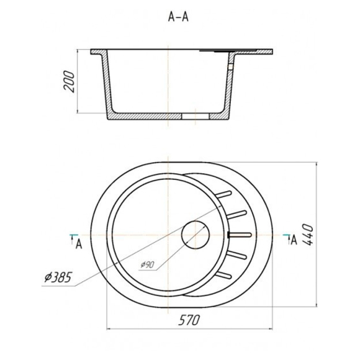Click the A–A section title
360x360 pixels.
click(178, 17)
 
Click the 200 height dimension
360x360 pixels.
click(69, 81)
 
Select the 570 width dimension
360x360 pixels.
click(189, 320)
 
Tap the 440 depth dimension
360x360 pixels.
click(307, 235)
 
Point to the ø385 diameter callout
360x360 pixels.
click(58, 277)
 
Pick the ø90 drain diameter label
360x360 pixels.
click(147, 264)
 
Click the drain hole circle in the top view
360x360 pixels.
click(196, 235)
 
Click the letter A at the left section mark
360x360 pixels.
click(79, 244)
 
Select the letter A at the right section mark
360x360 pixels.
click(294, 240)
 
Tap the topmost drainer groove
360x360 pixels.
click(223, 194)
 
